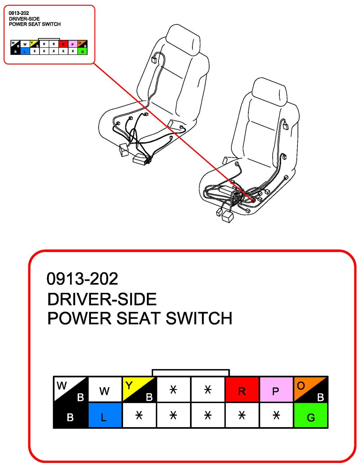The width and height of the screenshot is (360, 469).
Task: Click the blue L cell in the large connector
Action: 105,415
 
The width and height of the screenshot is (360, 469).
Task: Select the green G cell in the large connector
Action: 311,415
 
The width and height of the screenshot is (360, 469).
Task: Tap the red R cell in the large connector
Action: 242,389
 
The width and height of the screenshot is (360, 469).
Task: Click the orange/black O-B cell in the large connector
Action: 311,389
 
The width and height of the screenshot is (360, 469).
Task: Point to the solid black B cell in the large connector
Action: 71,415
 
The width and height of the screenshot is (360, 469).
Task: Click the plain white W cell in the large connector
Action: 105,389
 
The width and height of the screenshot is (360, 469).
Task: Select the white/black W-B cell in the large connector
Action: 71,389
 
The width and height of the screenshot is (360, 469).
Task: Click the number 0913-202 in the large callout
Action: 82,278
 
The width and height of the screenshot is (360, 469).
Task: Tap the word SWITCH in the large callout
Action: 199,318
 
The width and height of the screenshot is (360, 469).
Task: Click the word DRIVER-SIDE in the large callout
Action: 102,299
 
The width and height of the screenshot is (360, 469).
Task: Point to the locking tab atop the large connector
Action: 191,373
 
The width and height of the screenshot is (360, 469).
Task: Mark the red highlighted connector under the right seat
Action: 254,201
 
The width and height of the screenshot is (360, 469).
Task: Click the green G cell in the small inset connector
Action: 83,52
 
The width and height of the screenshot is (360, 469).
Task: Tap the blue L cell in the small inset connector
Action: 25,52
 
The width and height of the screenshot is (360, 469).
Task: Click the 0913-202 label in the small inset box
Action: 19,13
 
